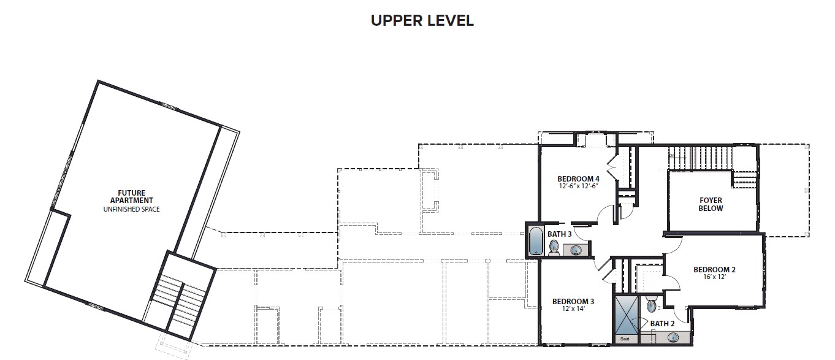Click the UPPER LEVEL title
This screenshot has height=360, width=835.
tap(422, 20)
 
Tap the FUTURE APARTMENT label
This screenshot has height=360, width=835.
tap(132, 197)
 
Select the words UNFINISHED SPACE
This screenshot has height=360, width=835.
tap(132, 209)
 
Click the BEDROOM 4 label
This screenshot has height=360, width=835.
tap(578, 178)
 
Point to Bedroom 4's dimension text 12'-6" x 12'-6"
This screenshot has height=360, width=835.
tap(579, 186)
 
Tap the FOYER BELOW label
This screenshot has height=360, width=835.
tap(711, 204)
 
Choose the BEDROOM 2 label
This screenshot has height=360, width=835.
tap(714, 269)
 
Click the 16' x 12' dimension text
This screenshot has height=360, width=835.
tap(714, 277)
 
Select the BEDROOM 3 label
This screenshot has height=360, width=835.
tap(573, 301)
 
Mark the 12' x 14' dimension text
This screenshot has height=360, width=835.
tap(573, 308)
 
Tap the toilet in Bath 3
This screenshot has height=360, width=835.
tap(554, 248)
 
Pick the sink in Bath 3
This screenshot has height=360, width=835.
tap(576, 250)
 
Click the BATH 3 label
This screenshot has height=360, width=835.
tap(559, 234)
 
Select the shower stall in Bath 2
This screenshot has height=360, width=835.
tap(626, 315)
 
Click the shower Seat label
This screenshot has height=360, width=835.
tap(625, 339)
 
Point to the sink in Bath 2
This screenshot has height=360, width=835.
tap(673, 338)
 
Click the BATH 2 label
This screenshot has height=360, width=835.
tap(662, 323)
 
